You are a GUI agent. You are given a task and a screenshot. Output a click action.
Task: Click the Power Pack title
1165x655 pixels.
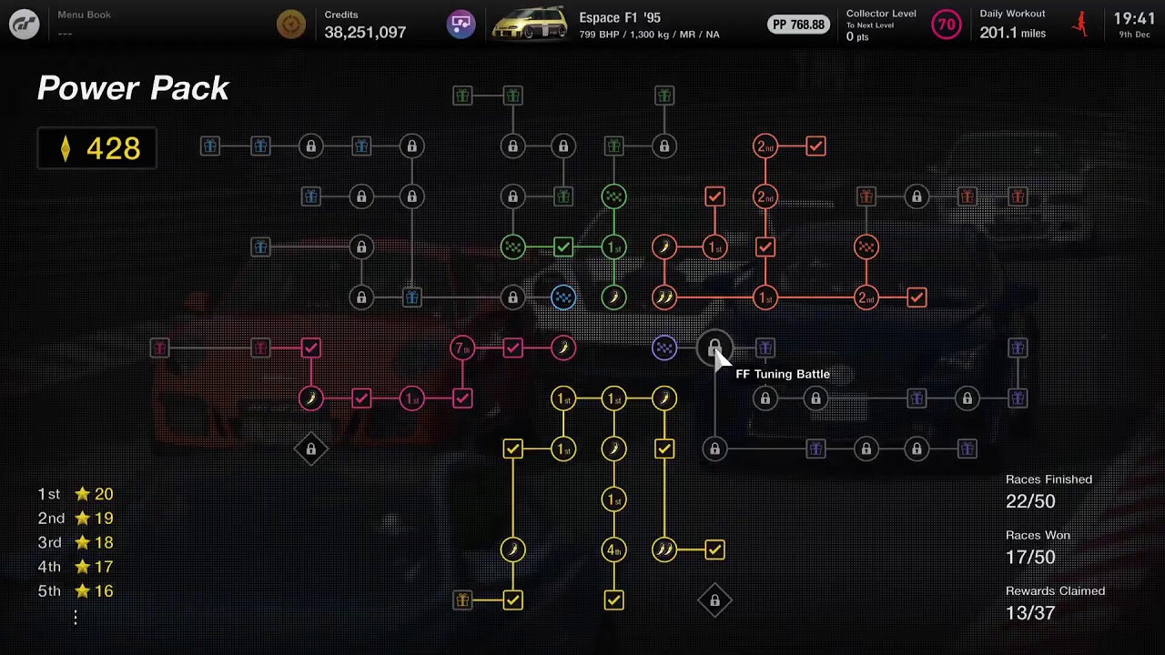pos(133,88)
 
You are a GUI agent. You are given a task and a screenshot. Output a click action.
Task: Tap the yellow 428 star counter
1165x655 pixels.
pos(97,148)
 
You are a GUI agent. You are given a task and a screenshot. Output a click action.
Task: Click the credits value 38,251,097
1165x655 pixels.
pos(365,32)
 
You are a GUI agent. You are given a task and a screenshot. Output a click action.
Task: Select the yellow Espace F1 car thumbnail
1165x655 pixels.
pos(530,24)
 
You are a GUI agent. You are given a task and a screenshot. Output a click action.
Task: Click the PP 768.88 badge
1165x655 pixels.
pos(798,25)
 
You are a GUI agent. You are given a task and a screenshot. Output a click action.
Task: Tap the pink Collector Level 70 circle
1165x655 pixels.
pos(946,25)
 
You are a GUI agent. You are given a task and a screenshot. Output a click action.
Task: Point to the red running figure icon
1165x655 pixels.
pos(1081,24)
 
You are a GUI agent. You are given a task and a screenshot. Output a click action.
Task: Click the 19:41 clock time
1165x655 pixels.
pos(1134,19)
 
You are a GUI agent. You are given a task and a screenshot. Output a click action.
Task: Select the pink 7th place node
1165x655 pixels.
pos(462,348)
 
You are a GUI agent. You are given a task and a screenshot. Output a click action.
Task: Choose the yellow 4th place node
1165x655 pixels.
pos(613,549)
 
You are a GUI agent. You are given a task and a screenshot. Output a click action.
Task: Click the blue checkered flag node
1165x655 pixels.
pos(563,297)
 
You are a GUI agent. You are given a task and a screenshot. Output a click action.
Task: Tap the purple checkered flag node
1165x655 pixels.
pos(664,348)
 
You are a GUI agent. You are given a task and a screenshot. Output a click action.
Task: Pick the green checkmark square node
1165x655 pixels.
pos(563,247)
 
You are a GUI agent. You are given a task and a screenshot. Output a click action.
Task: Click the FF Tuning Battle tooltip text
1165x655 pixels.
pos(783,374)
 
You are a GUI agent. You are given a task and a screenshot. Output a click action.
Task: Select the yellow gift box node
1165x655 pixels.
pos(462,600)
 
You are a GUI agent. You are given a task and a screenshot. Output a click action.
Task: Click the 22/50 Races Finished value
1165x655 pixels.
pos(1030,501)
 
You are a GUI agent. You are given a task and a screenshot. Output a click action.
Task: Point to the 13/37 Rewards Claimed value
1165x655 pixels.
pos(1030,613)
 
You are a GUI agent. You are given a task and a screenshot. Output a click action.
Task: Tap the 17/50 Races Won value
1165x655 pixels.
pos(1030,558)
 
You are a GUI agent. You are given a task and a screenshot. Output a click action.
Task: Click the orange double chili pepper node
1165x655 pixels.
pos(664,297)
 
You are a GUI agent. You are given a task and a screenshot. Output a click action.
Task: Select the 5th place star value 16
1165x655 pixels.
pos(94,591)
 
